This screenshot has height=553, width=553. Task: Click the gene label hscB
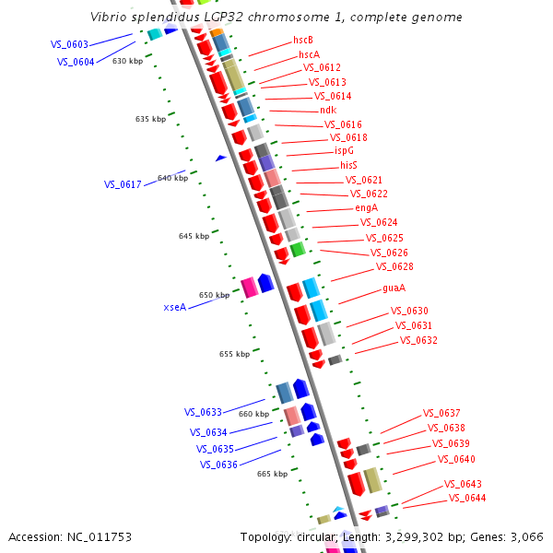coord(303,40)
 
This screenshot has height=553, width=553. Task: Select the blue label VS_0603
coord(69,44)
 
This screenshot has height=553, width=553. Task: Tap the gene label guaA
coord(394,288)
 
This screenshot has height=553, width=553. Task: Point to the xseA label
coord(175,307)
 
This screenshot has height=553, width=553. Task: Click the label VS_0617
coord(123,184)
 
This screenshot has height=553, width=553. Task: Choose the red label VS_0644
coord(467,498)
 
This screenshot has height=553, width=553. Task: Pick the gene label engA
coord(367,207)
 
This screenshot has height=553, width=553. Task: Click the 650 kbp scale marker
coord(214,295)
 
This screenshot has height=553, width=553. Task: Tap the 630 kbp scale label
coord(127,61)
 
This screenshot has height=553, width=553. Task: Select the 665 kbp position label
coord(272,474)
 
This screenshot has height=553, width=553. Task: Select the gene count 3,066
coord(526,536)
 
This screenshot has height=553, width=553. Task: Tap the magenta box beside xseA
coord(249,288)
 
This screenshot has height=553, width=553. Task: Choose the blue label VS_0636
coord(218,465)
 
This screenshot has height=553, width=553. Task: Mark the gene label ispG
coord(344,150)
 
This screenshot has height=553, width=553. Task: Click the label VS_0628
coord(394,266)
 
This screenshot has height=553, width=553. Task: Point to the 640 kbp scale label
coord(172,178)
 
